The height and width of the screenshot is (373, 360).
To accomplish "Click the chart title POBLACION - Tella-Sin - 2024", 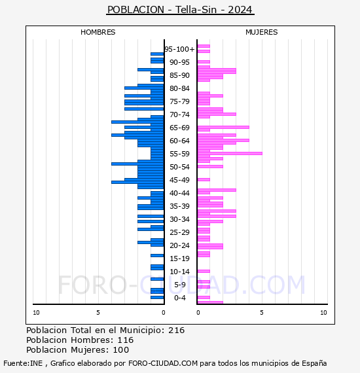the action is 180,10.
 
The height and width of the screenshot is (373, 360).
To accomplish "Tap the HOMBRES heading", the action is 98,32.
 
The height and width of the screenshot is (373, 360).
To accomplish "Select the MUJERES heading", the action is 262,32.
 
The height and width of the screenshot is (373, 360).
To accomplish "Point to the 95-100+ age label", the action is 179,49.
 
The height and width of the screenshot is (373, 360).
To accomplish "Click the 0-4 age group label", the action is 179,298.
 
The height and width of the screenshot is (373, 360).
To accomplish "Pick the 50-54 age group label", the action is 179,167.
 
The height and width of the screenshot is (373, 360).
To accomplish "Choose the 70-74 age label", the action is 179,115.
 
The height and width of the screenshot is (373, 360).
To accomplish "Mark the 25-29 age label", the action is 179,232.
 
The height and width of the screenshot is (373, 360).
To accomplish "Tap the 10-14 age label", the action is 179,272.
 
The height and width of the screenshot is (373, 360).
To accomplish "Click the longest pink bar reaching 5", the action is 230,153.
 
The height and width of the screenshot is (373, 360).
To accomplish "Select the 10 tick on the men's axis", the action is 36,313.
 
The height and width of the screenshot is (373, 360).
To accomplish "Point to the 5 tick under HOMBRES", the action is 98,313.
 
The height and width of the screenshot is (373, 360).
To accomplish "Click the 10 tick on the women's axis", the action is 323,313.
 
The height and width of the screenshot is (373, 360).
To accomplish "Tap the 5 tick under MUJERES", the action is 262,313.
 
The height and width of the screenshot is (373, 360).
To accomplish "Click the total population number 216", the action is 176,330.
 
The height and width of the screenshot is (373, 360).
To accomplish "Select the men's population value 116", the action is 126,340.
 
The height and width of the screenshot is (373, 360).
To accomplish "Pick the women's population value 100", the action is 121,350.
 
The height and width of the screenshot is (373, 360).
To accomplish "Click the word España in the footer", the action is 314,363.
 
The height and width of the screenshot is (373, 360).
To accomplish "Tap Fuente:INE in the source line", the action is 23,363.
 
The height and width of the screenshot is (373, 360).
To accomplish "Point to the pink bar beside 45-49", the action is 204,179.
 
